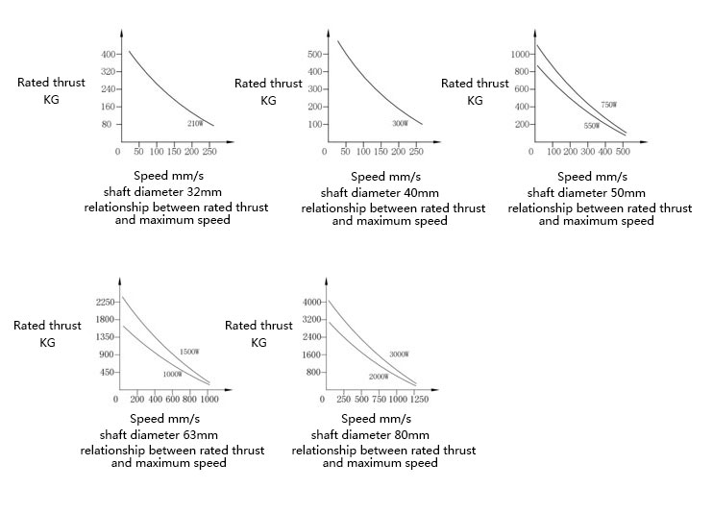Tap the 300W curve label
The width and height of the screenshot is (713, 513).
click(x=400, y=124)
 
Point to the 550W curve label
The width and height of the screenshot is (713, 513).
click(x=591, y=126)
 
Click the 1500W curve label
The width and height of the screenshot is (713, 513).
click(x=189, y=352)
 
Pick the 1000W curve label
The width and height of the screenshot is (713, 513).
click(x=171, y=374)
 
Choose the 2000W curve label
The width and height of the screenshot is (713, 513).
click(x=378, y=376)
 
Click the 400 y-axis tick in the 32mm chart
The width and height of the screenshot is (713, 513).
click(x=107, y=54)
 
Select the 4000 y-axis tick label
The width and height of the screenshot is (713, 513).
click(x=316, y=302)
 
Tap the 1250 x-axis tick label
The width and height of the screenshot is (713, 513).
click(x=419, y=399)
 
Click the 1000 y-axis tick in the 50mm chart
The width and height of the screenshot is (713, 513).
click(x=520, y=55)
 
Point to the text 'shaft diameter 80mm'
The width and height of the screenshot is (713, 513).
click(x=380, y=434)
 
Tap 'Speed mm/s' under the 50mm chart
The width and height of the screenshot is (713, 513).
click(x=592, y=177)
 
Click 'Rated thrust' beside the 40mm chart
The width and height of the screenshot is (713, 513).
click(x=269, y=84)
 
